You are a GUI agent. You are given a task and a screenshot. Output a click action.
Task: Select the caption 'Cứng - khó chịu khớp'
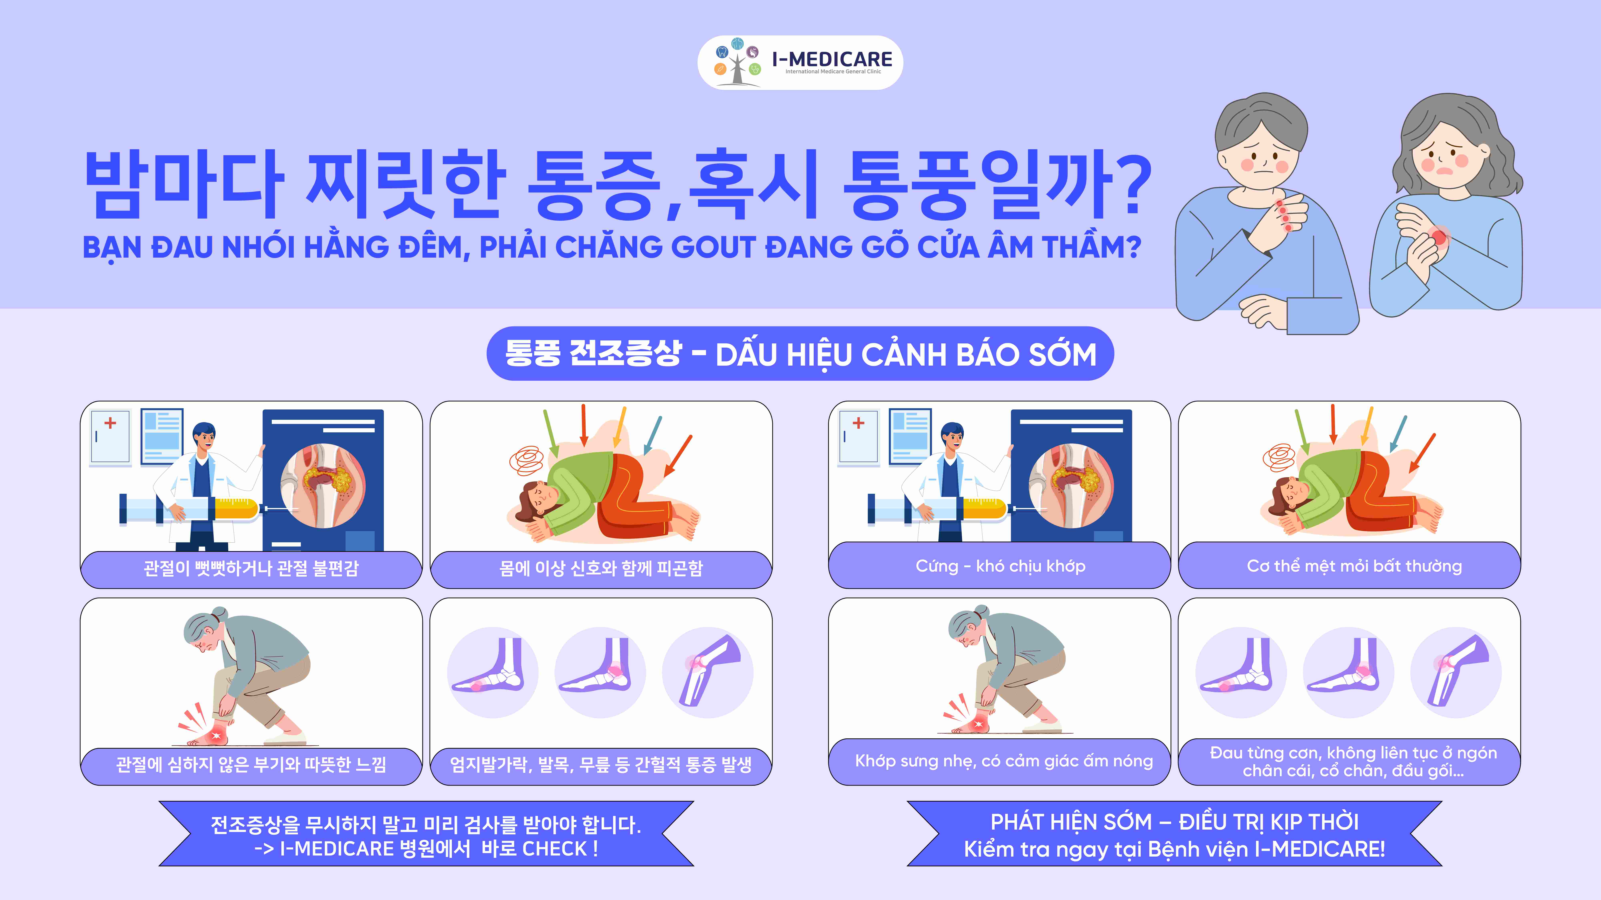point(1000,566)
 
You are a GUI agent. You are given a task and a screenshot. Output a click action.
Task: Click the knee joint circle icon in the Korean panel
point(708,673)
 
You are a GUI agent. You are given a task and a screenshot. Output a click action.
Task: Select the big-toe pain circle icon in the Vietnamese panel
point(1241,673)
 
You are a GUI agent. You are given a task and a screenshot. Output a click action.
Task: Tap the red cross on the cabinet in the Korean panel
point(111,423)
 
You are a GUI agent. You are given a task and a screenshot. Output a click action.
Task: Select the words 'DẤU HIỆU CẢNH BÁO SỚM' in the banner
point(906,355)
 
